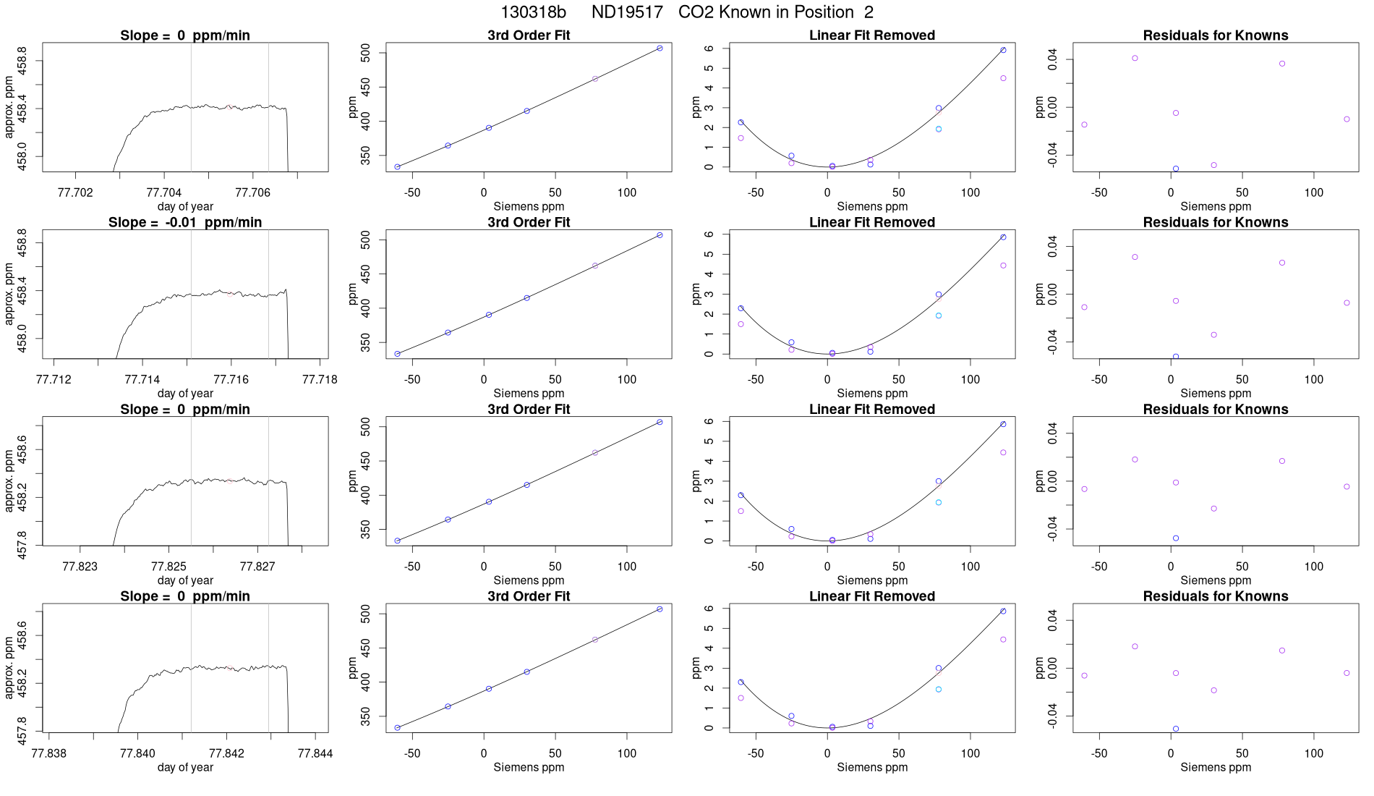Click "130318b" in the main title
[x=533, y=12]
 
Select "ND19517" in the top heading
[x=627, y=12]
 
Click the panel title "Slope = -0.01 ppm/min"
[x=185, y=222]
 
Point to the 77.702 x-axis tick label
[x=74, y=192]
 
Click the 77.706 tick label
[x=253, y=192]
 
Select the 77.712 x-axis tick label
[x=54, y=380]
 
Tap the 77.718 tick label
[x=320, y=380]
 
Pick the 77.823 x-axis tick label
[x=80, y=567]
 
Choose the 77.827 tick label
[x=257, y=567]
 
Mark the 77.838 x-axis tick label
[x=49, y=753]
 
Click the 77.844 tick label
[x=315, y=753]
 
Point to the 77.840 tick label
[x=137, y=753]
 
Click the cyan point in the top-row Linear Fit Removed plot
[x=939, y=130]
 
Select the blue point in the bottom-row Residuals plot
[x=1176, y=729]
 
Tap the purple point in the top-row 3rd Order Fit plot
[x=595, y=79]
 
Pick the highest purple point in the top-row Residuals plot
[x=1135, y=58]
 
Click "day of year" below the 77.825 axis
[x=185, y=580]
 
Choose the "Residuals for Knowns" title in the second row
[x=1216, y=222]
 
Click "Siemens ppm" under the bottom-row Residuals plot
[x=1216, y=767]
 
